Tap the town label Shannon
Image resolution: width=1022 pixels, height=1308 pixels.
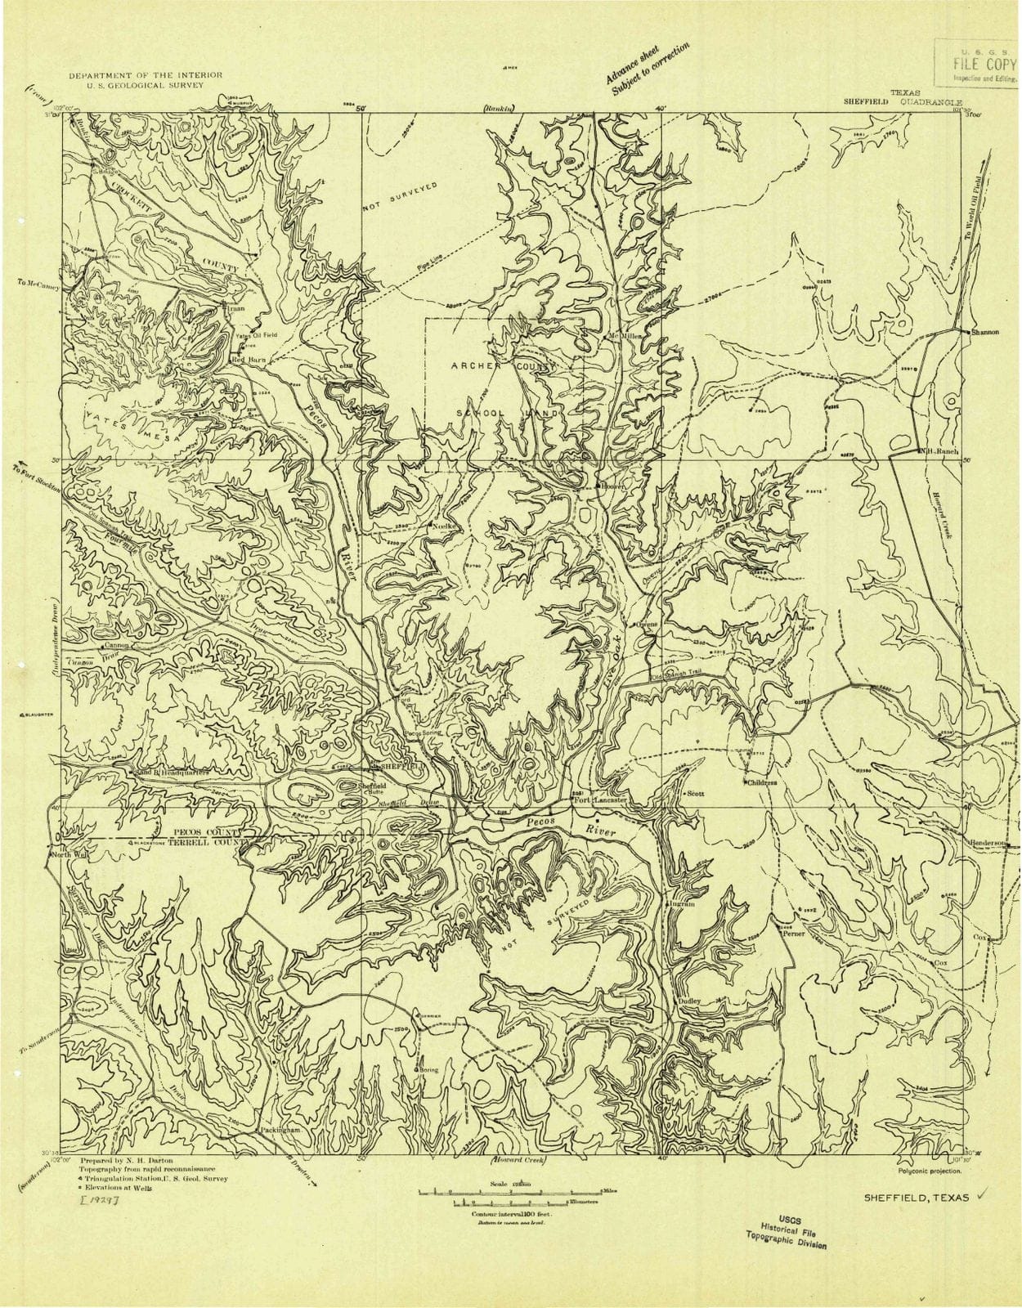(985, 332)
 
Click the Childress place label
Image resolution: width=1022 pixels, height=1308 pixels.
(761, 782)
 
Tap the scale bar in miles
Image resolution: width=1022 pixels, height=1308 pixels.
(510, 1191)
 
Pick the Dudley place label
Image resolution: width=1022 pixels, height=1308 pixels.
(688, 1001)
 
